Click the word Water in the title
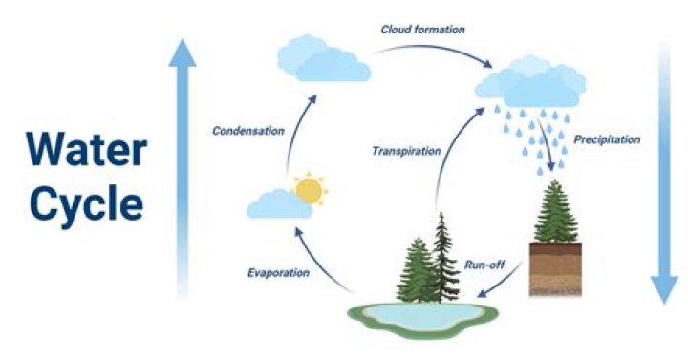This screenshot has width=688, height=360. [86, 148]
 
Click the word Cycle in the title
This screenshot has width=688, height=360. [86, 202]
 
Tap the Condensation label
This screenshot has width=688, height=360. [248, 131]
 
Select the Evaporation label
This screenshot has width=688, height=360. [278, 273]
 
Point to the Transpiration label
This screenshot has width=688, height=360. [406, 151]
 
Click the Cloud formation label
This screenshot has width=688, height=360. [422, 30]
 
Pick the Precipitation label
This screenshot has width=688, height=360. [607, 139]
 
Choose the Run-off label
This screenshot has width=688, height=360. [484, 265]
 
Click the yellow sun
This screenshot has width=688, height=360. [311, 189]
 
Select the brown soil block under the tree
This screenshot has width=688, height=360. [555, 268]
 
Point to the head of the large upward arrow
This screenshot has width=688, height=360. [183, 53]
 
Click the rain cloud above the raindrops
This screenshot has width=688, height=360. [531, 83]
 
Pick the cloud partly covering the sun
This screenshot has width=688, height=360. [279, 204]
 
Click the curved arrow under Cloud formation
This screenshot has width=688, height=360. [435, 50]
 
